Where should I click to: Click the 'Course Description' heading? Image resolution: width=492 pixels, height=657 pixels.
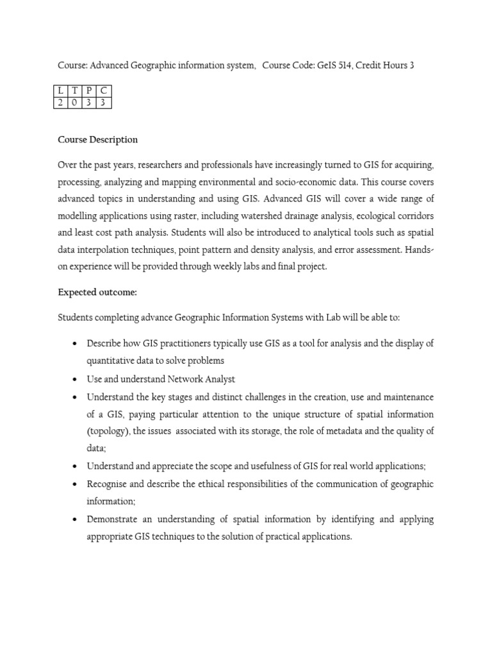point(97,139)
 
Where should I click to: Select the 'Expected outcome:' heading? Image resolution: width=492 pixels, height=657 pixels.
point(97,292)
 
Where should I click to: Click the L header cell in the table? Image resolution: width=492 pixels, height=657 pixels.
point(61,90)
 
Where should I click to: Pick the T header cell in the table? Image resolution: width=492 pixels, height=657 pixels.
point(75,90)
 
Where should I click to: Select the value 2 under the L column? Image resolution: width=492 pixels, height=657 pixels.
point(61,102)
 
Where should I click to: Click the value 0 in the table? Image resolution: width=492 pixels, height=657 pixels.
point(75,102)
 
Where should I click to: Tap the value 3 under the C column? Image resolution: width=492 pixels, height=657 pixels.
point(103,102)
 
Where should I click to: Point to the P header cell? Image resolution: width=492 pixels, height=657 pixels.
point(89,90)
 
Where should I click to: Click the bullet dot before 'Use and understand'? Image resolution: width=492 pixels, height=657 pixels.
point(76,379)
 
